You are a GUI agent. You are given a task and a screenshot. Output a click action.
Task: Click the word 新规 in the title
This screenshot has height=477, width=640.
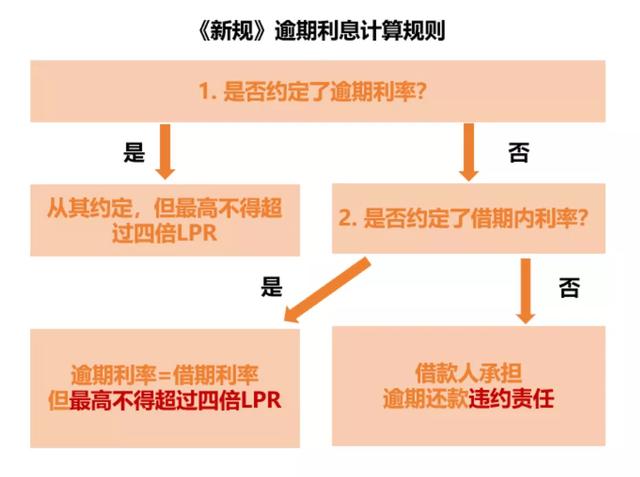(231, 31)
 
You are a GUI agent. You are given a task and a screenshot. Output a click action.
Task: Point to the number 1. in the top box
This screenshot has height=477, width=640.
(207, 91)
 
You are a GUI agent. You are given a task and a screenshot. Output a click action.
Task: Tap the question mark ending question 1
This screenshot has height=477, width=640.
(421, 91)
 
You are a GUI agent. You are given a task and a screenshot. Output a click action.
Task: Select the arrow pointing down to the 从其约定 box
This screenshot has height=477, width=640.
(165, 151)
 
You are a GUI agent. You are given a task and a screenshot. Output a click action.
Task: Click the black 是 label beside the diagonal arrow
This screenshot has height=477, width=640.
(271, 286)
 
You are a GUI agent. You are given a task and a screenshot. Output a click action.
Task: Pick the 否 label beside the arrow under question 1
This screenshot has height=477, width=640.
(518, 153)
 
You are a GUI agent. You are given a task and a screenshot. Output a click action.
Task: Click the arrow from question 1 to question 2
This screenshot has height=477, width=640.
(469, 152)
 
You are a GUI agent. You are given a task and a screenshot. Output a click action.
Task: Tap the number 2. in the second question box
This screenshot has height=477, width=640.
(348, 218)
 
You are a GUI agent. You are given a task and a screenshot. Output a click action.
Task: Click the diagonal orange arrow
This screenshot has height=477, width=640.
(327, 290)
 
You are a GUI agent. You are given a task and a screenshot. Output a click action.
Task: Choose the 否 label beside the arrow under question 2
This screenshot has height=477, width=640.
(569, 288)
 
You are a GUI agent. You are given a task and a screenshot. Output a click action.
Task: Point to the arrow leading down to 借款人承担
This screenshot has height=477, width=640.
(526, 291)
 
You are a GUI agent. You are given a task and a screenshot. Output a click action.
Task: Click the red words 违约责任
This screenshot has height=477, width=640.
(511, 399)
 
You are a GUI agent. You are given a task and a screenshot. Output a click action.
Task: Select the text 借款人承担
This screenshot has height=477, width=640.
(469, 373)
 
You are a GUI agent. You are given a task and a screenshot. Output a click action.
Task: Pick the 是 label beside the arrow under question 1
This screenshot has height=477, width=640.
(134, 153)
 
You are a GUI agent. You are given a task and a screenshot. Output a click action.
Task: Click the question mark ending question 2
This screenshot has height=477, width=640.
(582, 218)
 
